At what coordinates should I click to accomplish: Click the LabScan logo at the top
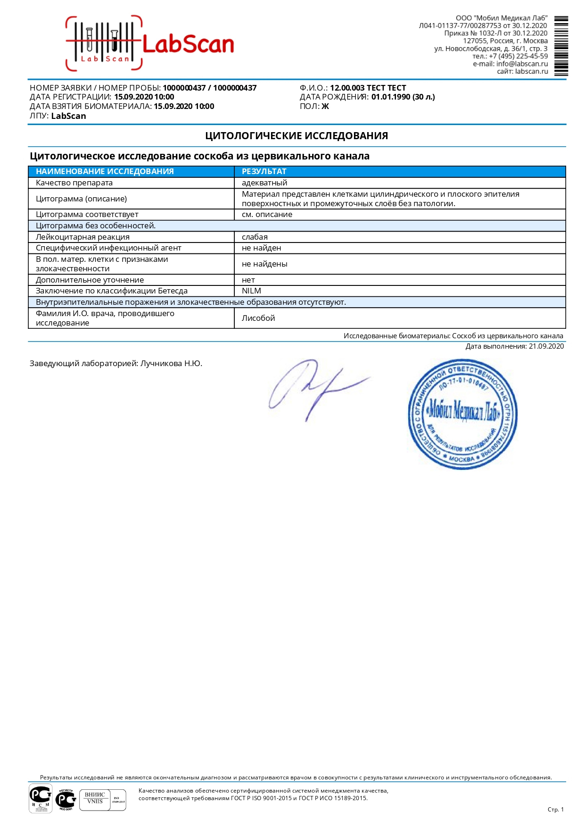pyautogui.click(x=150, y=44)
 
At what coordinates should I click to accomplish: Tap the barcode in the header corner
pyautogui.click(x=561, y=46)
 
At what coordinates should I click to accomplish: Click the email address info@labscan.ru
pyautogui.click(x=522, y=64)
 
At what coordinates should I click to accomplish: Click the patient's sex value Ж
pyautogui.click(x=325, y=107)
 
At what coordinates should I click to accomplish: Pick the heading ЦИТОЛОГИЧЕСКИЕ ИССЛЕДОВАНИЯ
pyautogui.click(x=297, y=136)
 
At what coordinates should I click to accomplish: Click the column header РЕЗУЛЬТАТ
pyautogui.click(x=264, y=171)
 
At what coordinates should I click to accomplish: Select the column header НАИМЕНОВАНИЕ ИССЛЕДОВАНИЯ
pyautogui.click(x=105, y=171)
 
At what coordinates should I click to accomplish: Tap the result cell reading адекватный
pyautogui.click(x=264, y=183)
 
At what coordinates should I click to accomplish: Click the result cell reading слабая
pyautogui.click(x=255, y=237)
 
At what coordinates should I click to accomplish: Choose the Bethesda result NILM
pyautogui.click(x=251, y=291)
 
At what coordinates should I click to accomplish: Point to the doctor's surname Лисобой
pyautogui.click(x=258, y=318)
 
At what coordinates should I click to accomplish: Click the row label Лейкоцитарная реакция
pyautogui.click(x=82, y=237)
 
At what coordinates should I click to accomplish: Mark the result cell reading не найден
pyautogui.click(x=261, y=248)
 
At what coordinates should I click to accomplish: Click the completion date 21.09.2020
pyautogui.click(x=546, y=346)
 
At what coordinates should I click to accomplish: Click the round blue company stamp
pyautogui.click(x=462, y=414)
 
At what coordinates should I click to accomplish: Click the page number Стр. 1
pyautogui.click(x=555, y=809)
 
